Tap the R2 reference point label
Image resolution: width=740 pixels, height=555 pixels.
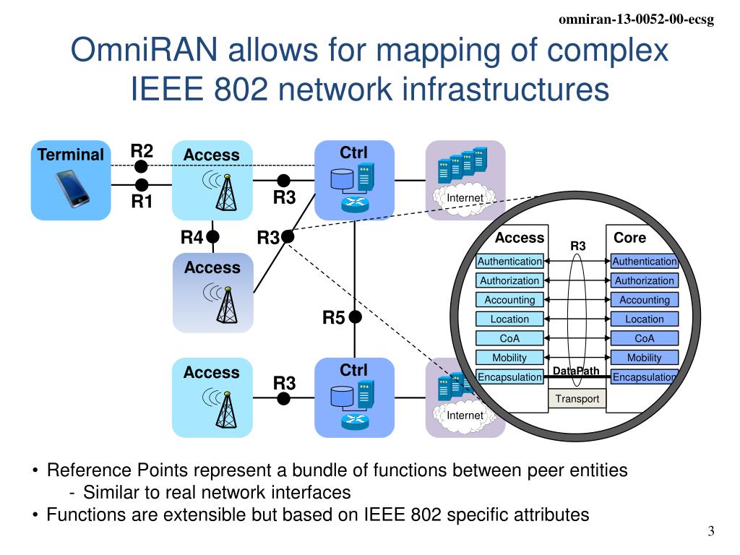pos(142,151)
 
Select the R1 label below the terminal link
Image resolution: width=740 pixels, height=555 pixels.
pos(142,202)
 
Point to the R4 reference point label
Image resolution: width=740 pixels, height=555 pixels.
pos(192,237)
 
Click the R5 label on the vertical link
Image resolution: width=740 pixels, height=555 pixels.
pos(334,317)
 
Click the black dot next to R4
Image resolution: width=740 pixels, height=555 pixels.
pos(212,236)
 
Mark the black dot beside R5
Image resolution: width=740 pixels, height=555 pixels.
pos(355,317)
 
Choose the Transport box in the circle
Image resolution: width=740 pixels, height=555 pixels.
pos(577,399)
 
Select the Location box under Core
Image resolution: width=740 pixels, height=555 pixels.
pos(644,319)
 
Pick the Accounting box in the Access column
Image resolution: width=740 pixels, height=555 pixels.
pos(509,300)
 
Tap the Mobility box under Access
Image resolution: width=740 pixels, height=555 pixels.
pos(509,357)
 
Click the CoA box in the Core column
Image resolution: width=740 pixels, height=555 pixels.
pos(644,338)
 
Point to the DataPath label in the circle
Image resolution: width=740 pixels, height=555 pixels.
pos(576,371)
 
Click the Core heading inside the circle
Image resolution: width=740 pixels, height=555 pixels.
pos(629,238)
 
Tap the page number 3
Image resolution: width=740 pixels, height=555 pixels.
pos(711,533)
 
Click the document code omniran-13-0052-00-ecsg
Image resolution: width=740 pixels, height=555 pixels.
pos(637,20)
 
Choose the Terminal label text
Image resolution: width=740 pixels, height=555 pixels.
pos(71,155)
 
